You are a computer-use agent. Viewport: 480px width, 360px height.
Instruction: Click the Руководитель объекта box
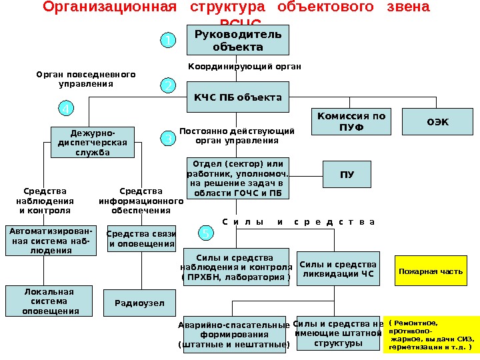coord(238,40)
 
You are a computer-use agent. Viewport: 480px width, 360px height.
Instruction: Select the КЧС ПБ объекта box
coord(238,98)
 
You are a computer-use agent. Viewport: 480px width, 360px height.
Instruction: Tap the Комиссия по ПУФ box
coord(351,121)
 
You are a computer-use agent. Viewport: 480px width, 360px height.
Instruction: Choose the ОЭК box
coord(437,121)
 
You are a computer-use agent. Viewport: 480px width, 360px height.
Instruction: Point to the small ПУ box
coord(347,175)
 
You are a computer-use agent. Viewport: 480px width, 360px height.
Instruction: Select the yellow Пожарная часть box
coord(431,271)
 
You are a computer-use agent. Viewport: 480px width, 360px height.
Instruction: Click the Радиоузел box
coord(135,302)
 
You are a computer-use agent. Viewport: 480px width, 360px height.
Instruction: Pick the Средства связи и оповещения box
coord(141,239)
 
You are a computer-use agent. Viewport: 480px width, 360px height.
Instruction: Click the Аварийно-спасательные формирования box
coord(233,334)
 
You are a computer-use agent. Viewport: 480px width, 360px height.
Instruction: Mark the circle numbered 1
coord(169,41)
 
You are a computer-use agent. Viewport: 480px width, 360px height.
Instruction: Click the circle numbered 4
coord(66,108)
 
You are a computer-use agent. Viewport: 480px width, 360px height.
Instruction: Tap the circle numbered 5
coord(207,233)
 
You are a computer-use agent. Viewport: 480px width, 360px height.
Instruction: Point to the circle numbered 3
coord(169,139)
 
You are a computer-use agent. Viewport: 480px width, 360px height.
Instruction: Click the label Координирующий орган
coord(244,67)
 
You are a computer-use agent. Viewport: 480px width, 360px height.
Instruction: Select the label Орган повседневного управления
coord(85,79)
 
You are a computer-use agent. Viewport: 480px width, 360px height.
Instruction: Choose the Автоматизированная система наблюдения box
coord(49,241)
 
